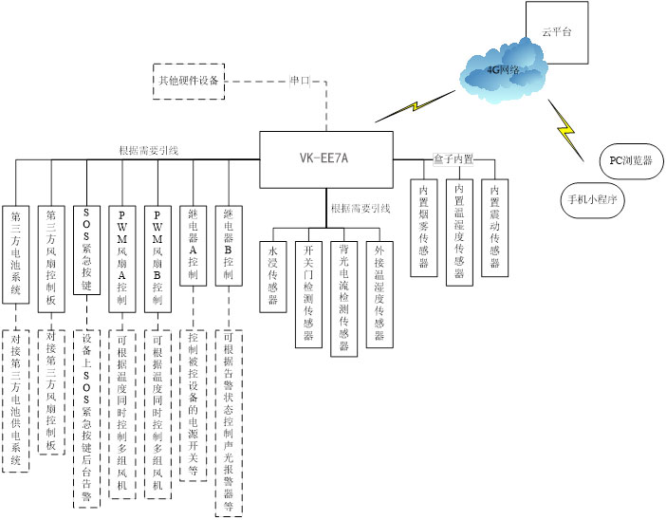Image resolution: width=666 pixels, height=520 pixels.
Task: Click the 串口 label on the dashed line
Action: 301,81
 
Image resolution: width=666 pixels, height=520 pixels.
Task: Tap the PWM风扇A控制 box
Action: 121,254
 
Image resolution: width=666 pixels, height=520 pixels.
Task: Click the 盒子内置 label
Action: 453,158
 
